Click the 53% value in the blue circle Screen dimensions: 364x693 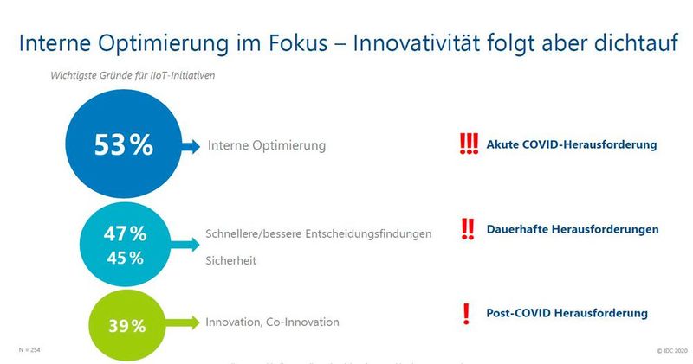coord(123,144)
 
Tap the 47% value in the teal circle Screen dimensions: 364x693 coord(126,233)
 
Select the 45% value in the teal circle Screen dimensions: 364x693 coord(126,258)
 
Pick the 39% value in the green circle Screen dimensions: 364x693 coord(126,326)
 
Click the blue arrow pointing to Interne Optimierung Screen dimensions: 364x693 coord(190,145)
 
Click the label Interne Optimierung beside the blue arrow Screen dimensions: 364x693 coord(267,145)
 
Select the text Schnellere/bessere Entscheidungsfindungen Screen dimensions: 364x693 coord(318,234)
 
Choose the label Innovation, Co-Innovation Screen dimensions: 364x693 coord(272,322)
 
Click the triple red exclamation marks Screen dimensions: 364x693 coord(468,144)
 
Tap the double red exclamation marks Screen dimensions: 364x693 coord(468,228)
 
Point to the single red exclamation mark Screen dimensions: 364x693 coord(466,313)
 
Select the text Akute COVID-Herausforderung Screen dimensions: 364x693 coord(572,144)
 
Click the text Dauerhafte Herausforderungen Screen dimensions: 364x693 coord(573,229)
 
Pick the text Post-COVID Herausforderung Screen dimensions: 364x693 coord(567,312)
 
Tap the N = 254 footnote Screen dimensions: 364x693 coord(29,348)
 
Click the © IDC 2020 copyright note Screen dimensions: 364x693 coord(670,350)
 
